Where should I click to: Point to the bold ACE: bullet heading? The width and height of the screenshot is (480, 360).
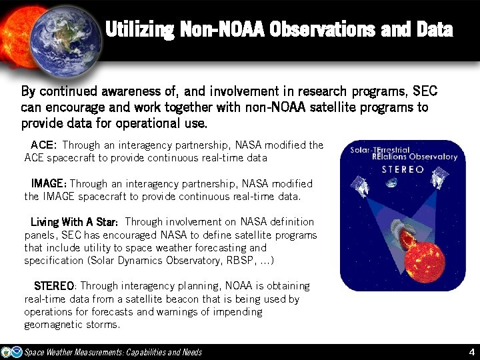click(44, 145)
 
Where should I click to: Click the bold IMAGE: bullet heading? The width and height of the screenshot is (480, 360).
click(49, 183)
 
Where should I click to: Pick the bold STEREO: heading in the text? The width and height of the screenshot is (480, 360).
click(55, 286)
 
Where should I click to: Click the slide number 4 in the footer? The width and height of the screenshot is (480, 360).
click(471, 352)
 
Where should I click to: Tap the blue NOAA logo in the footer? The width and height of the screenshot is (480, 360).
click(17, 352)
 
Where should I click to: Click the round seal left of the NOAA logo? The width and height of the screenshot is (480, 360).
click(6, 352)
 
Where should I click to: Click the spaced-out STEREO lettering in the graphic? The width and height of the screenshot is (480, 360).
click(402, 169)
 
